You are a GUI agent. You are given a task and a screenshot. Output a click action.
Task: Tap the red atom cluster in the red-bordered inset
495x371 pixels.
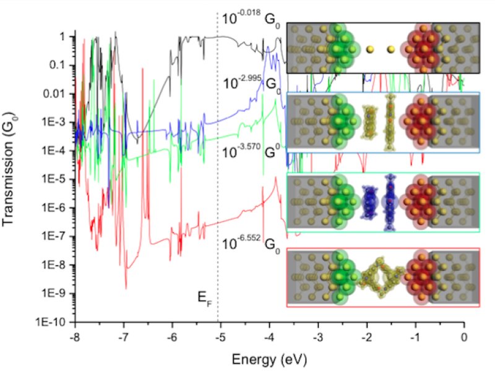tap(424, 278)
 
